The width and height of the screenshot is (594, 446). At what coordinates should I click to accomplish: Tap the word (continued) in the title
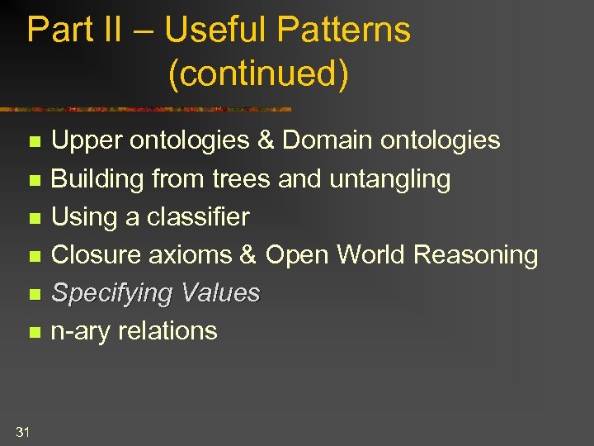point(258,73)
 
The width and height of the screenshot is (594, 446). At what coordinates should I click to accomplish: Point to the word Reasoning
point(475,255)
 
